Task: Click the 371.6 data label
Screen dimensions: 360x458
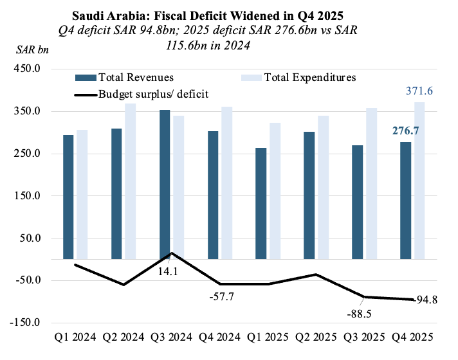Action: coord(419,91)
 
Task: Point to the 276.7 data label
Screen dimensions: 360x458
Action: coord(405,131)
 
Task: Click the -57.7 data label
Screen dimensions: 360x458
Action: coord(221,297)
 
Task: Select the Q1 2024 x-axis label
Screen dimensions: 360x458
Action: coord(76,336)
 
